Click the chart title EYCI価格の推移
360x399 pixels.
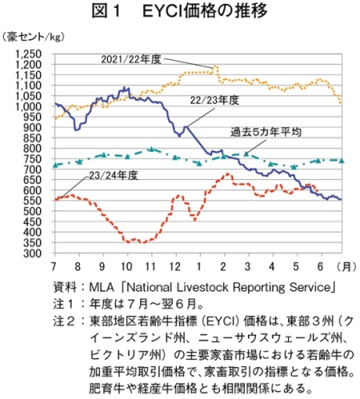(205, 11)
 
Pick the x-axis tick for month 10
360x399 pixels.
(126, 266)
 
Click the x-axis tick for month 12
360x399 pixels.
(175, 266)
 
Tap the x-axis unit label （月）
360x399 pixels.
(346, 266)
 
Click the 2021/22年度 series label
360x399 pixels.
(131, 59)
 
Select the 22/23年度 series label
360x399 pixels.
(214, 101)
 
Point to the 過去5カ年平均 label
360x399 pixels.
(266, 132)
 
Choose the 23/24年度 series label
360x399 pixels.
(114, 175)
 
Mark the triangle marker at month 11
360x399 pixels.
(152, 149)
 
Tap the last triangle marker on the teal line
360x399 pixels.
(342, 161)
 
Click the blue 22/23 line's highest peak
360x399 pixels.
(124, 87)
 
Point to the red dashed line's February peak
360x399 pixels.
(228, 174)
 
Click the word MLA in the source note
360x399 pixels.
(102, 287)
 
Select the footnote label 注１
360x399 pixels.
(64, 304)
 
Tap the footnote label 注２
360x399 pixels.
(64, 321)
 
